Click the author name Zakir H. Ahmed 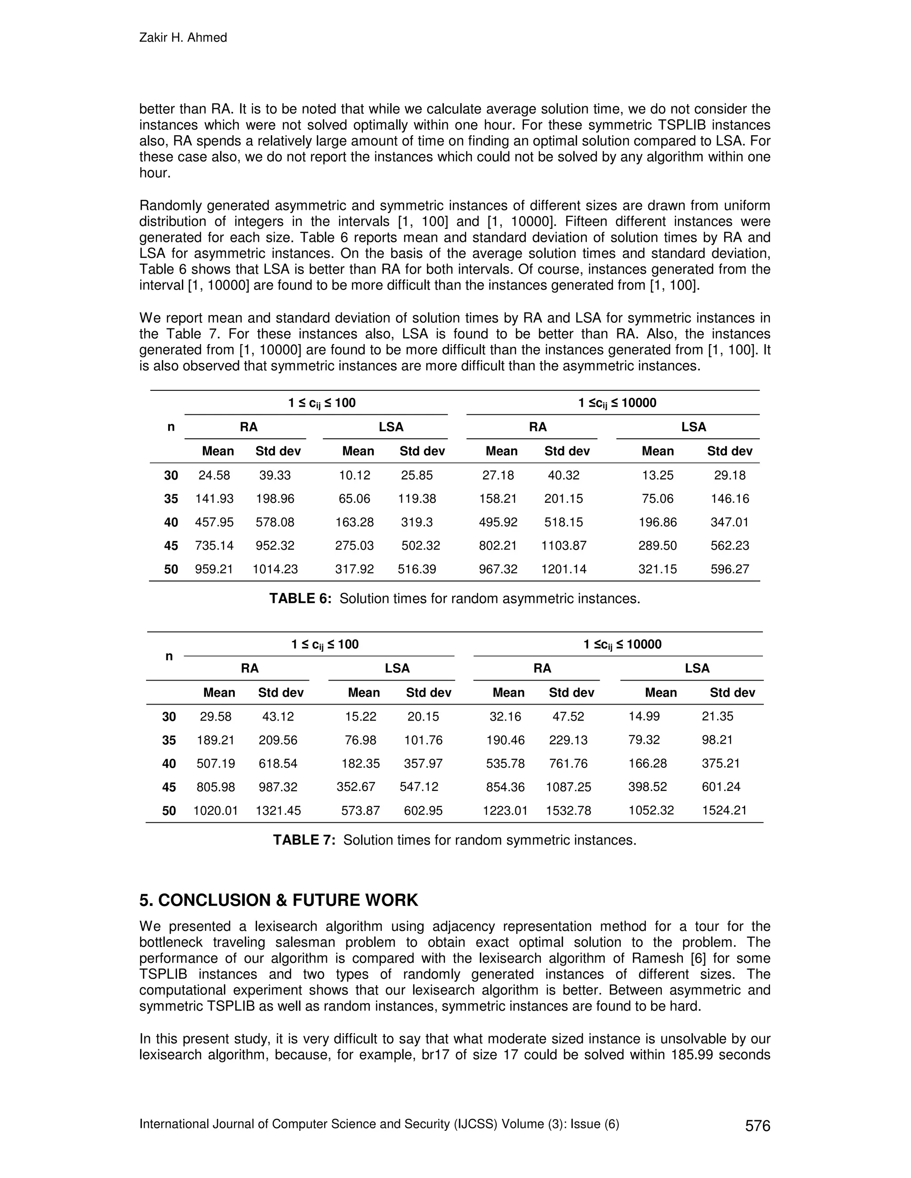click(183, 38)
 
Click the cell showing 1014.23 click(275, 569)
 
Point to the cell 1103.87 click(564, 545)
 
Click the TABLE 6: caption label click(300, 599)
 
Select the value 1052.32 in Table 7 click(651, 811)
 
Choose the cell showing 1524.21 click(724, 811)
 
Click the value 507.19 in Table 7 click(216, 764)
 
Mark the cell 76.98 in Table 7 click(360, 740)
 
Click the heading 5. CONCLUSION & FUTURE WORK click(278, 900)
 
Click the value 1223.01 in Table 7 click(505, 811)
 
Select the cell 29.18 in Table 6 click(730, 475)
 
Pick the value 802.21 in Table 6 click(498, 545)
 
